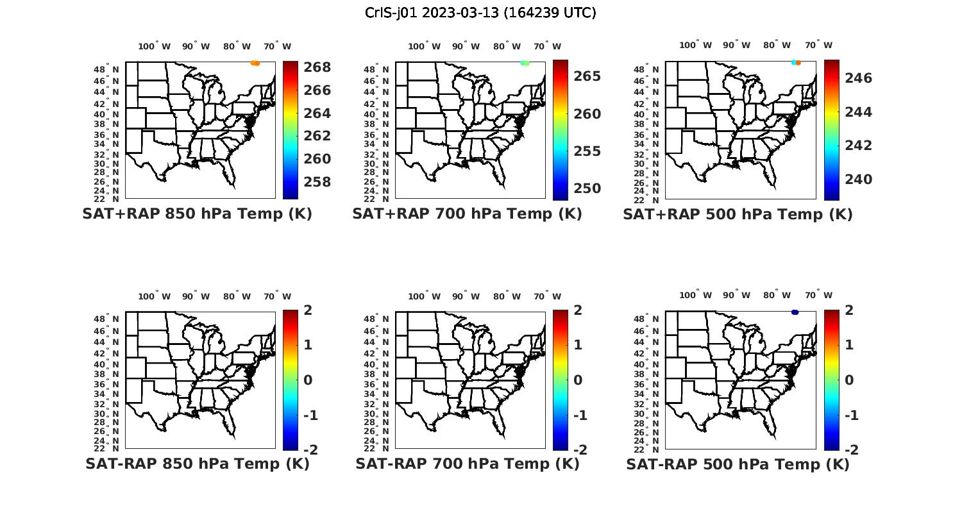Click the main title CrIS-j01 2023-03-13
point(480,13)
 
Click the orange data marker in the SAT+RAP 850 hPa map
point(255,63)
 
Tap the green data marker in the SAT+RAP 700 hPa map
point(525,63)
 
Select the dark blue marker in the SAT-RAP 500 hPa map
point(795,312)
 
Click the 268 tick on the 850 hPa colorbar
point(317,67)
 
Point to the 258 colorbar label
point(317,182)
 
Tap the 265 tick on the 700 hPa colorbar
point(587,76)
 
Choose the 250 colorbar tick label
point(587,189)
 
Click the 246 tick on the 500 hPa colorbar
point(858,78)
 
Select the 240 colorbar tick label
point(858,180)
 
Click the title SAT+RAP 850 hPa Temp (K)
point(197,214)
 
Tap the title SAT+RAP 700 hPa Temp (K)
point(467,214)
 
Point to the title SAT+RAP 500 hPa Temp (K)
point(738,215)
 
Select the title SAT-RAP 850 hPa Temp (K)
point(197,464)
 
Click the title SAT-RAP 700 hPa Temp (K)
point(467,464)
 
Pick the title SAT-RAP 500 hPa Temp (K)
point(738,464)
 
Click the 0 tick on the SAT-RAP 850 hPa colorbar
point(308,380)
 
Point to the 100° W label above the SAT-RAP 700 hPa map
point(424,296)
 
